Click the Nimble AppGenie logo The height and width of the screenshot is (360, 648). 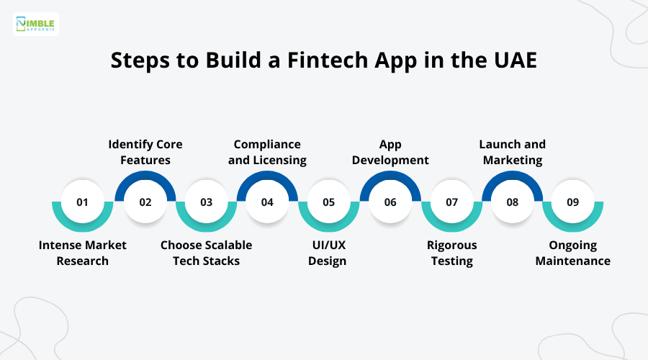point(36,24)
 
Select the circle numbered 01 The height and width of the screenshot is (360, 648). point(82,202)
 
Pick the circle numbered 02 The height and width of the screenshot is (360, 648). point(145,202)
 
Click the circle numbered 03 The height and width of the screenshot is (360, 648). point(207,202)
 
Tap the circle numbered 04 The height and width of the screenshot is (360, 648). point(267,202)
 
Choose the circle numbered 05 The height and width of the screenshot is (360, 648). point(328,202)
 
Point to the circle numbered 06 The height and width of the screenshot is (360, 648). point(390,202)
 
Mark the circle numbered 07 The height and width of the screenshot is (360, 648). point(451,202)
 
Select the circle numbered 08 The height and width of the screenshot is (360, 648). point(512,202)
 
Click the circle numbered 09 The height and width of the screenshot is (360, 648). point(572,202)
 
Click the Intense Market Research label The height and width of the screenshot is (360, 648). point(82,253)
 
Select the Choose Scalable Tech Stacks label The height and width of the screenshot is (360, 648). point(207,253)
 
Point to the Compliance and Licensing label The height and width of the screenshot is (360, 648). point(267,152)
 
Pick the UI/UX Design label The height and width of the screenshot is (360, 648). point(328,253)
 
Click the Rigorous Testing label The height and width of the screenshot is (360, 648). point(451,253)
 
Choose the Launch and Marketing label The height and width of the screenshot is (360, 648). point(512,152)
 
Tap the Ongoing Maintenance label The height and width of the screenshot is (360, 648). point(572,253)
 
